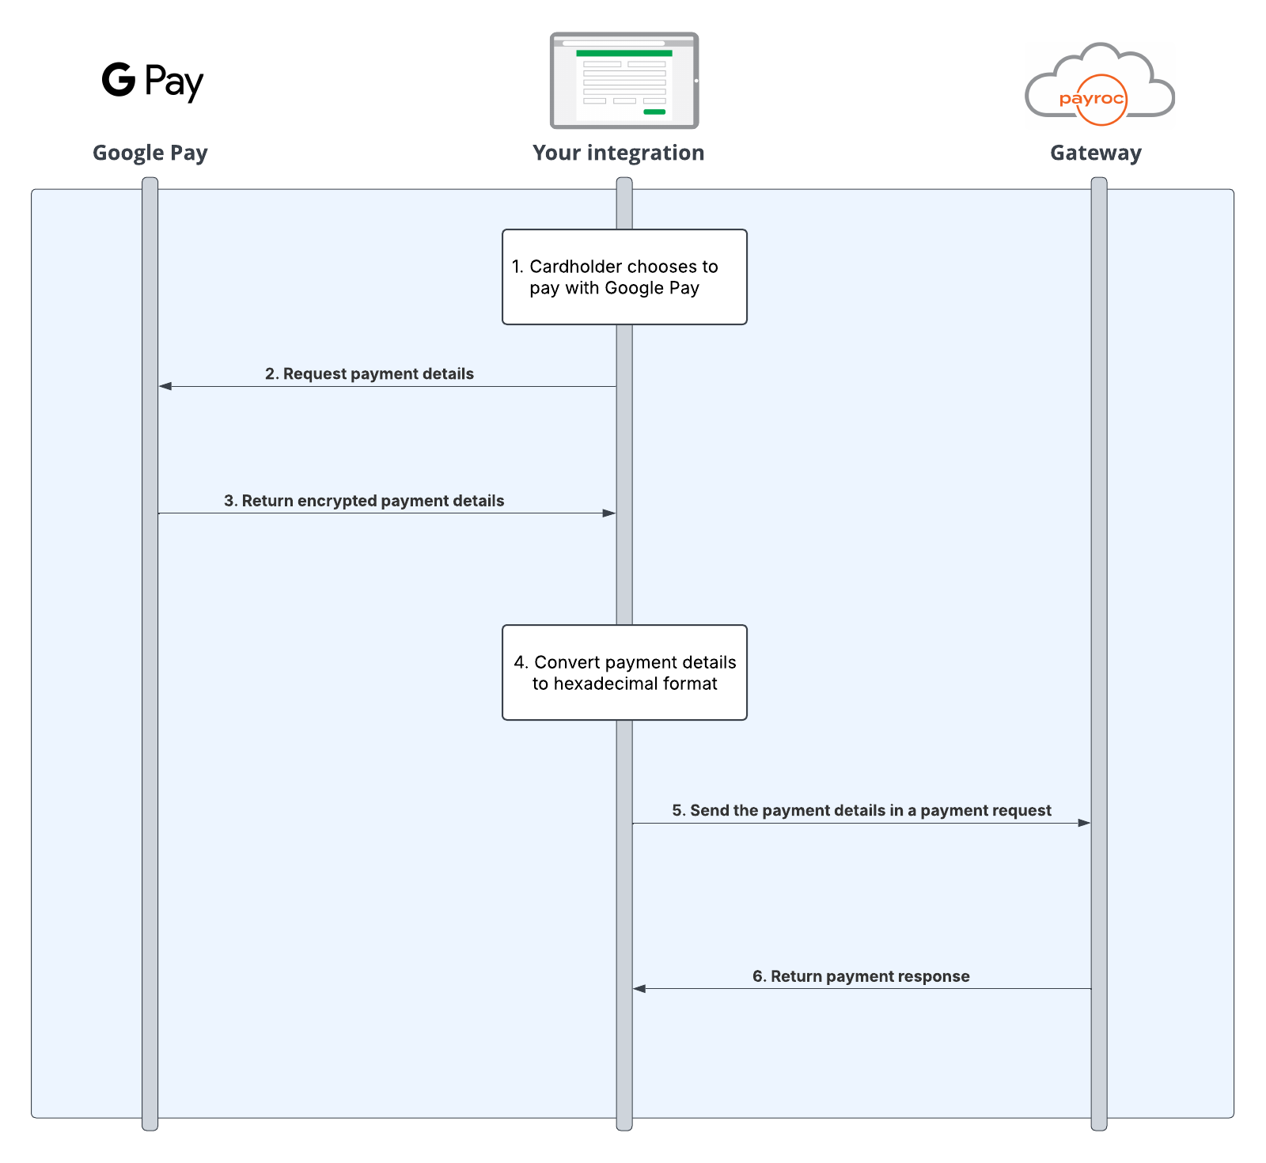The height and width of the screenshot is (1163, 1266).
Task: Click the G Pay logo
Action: pyautogui.click(x=153, y=81)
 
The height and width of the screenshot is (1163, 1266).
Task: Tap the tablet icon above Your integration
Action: pyautogui.click(x=624, y=80)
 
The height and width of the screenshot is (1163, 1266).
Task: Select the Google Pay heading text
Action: pyautogui.click(x=150, y=153)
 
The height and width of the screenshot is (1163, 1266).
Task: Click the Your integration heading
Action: pyautogui.click(x=618, y=153)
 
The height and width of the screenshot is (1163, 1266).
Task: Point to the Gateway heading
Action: pyautogui.click(x=1095, y=153)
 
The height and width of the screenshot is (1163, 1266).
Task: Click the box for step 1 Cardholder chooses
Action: pyautogui.click(x=624, y=277)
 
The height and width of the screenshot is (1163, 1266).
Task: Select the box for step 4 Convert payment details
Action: pyautogui.click(x=624, y=672)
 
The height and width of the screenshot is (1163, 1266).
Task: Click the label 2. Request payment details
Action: pyautogui.click(x=369, y=373)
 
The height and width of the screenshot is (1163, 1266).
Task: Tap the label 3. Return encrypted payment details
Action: pyautogui.click(x=364, y=501)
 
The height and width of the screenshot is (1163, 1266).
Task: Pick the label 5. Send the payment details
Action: pyautogui.click(x=861, y=810)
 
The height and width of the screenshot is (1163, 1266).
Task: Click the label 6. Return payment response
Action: pyautogui.click(x=861, y=976)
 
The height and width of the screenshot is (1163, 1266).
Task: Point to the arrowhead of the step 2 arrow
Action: pyautogui.click(x=165, y=386)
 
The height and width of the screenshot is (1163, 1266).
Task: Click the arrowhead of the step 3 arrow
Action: pyautogui.click(x=609, y=513)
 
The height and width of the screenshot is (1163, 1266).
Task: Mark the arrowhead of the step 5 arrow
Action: pyautogui.click(x=1084, y=823)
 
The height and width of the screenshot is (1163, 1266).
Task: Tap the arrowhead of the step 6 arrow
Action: pyautogui.click(x=639, y=989)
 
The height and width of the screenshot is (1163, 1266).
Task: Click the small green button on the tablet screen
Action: pyautogui.click(x=654, y=112)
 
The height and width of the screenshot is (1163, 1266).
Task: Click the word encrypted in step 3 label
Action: pyautogui.click(x=337, y=501)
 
